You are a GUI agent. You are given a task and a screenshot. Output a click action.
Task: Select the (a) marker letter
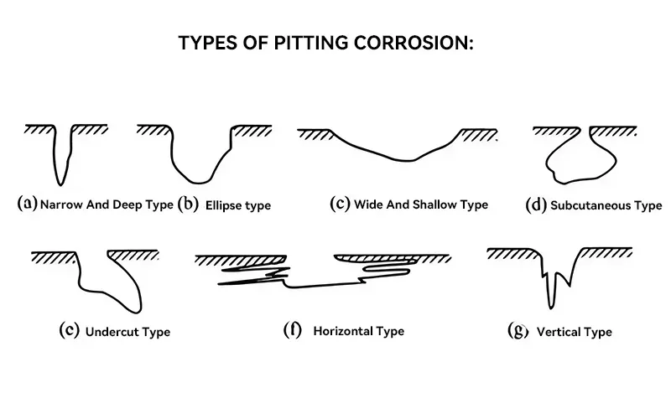pyautogui.click(x=28, y=203)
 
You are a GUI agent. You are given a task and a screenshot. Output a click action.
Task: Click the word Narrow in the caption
pyautogui.click(x=61, y=204)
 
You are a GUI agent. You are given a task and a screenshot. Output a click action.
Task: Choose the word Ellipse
pyautogui.click(x=225, y=204)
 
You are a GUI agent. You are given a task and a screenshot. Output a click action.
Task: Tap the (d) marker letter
pyautogui.click(x=535, y=204)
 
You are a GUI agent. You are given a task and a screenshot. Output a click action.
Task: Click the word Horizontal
pyautogui.click(x=346, y=331)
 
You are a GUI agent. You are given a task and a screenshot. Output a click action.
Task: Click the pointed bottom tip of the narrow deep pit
pyautogui.click(x=59, y=184)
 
